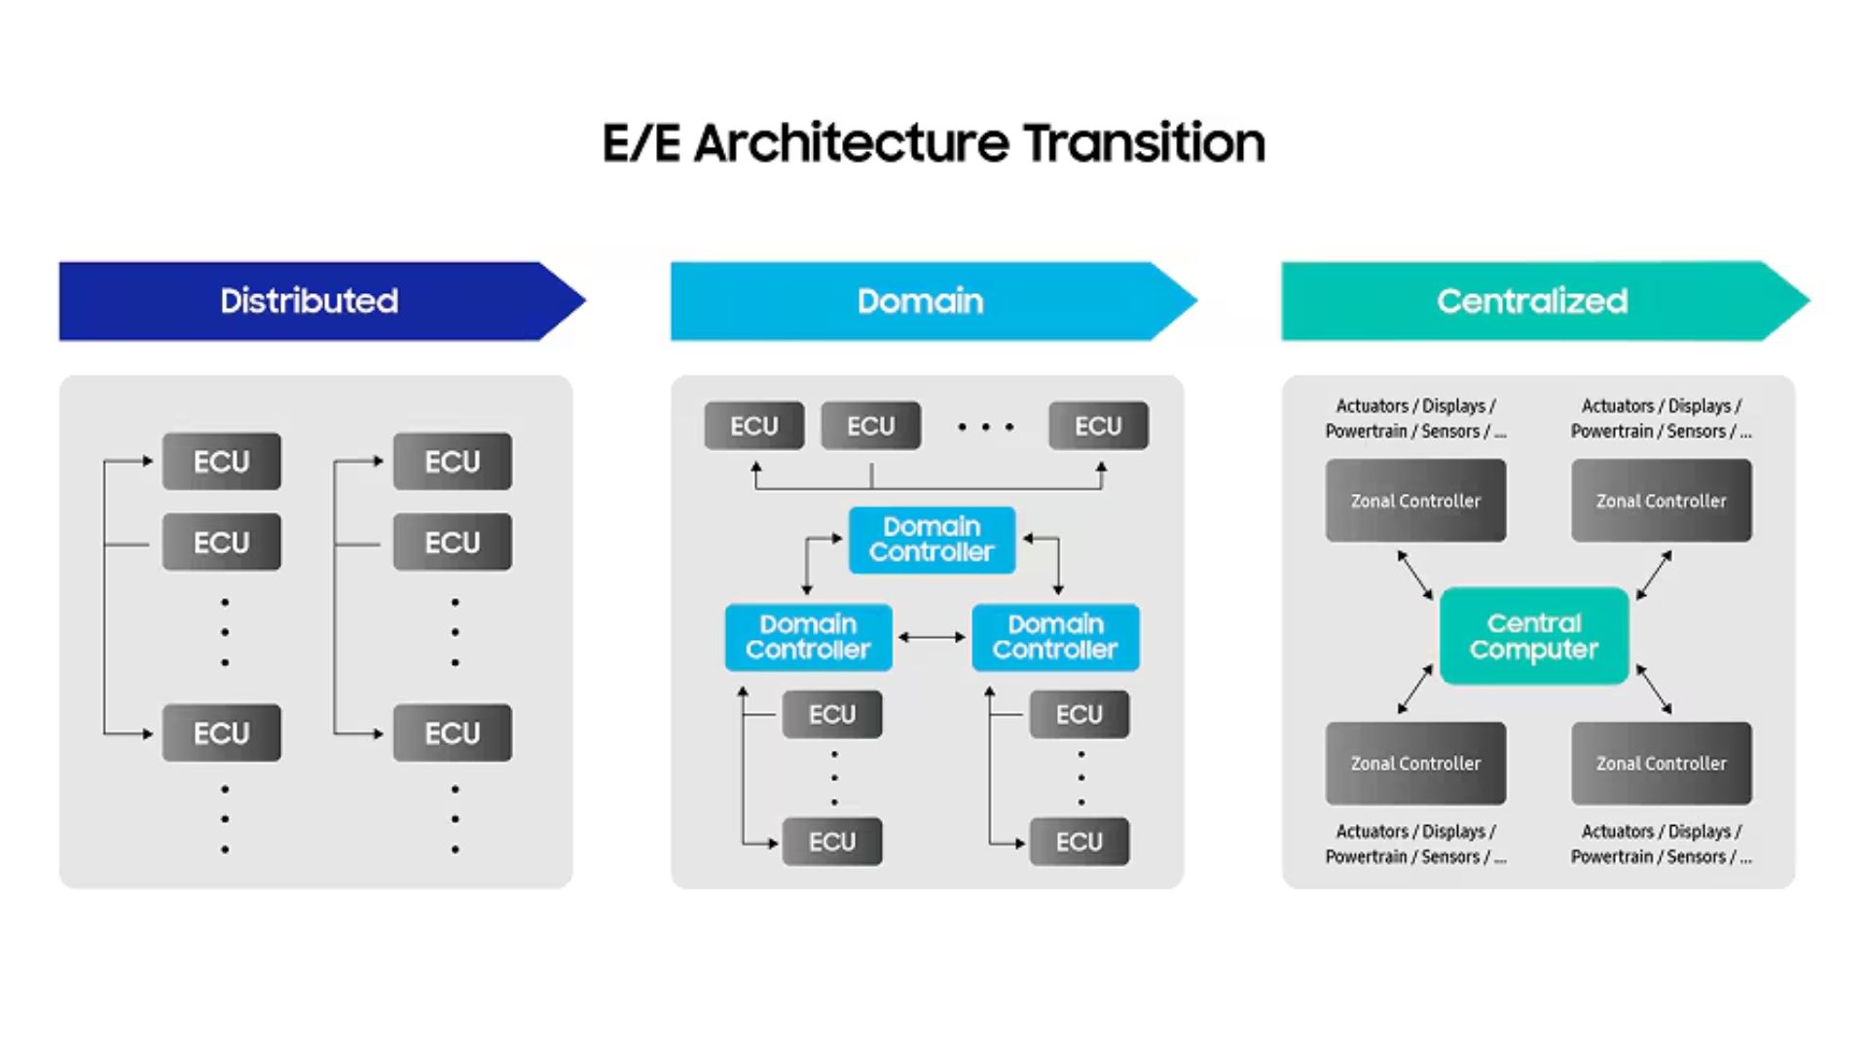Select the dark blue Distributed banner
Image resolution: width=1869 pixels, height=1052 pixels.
pyautogui.click(x=310, y=301)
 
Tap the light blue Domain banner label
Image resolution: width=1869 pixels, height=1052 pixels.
pyautogui.click(x=920, y=301)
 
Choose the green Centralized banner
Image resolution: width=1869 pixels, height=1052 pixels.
pyautogui.click(x=1532, y=301)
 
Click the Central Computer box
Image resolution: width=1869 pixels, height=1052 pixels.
pyautogui.click(x=1534, y=636)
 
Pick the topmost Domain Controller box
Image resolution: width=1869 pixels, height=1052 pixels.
pyautogui.click(x=932, y=540)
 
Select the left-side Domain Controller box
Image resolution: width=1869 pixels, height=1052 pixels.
pyautogui.click(x=808, y=637)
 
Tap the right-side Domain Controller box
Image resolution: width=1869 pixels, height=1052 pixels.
pyautogui.click(x=1055, y=637)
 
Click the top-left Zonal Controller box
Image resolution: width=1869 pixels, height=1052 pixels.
pyautogui.click(x=1415, y=501)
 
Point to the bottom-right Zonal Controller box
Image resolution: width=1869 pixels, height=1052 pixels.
pyautogui.click(x=1661, y=764)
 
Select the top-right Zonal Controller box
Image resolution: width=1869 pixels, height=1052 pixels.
pyautogui.click(x=1661, y=501)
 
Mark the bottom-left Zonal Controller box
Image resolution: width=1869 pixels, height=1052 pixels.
pyautogui.click(x=1415, y=764)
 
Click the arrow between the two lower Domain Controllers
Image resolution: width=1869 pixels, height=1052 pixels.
pyautogui.click(x=932, y=638)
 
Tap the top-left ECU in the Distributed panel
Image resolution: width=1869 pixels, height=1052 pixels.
pyautogui.click(x=222, y=462)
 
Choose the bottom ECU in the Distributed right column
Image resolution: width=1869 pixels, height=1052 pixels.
pyautogui.click(x=453, y=733)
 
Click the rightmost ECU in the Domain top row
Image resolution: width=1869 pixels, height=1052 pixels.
pyautogui.click(x=1098, y=427)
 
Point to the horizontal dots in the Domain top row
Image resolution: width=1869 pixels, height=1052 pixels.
pyautogui.click(x=985, y=427)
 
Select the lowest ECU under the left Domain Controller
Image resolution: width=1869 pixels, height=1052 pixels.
pyautogui.click(x=832, y=842)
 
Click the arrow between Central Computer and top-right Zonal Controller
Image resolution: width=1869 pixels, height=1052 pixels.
pyautogui.click(x=1654, y=576)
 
